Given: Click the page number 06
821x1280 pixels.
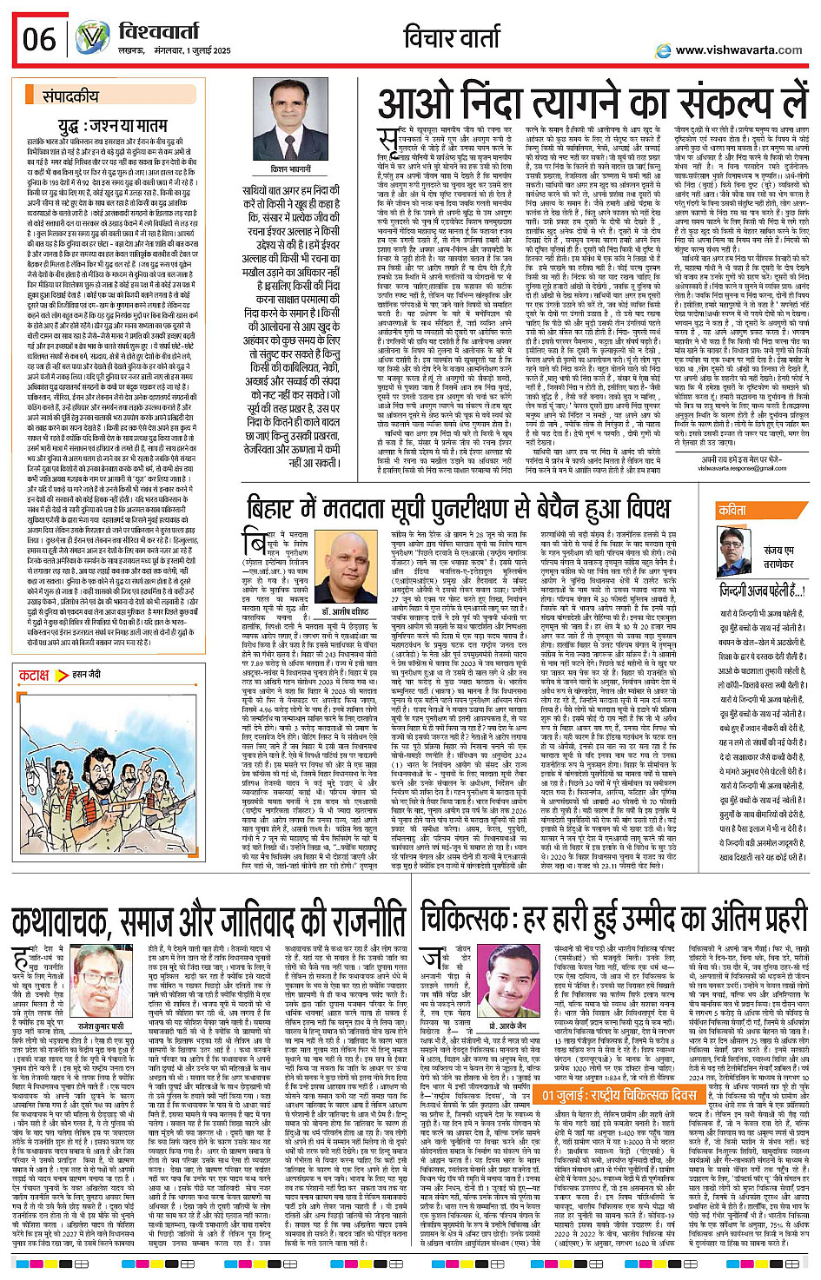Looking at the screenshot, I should coord(39,39).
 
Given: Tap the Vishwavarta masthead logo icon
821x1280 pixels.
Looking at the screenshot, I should coord(92,38).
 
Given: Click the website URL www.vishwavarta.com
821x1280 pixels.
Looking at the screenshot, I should coord(738,49).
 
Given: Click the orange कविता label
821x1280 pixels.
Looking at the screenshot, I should coord(732,511).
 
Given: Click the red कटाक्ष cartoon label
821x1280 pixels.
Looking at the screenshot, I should coord(35,675).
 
